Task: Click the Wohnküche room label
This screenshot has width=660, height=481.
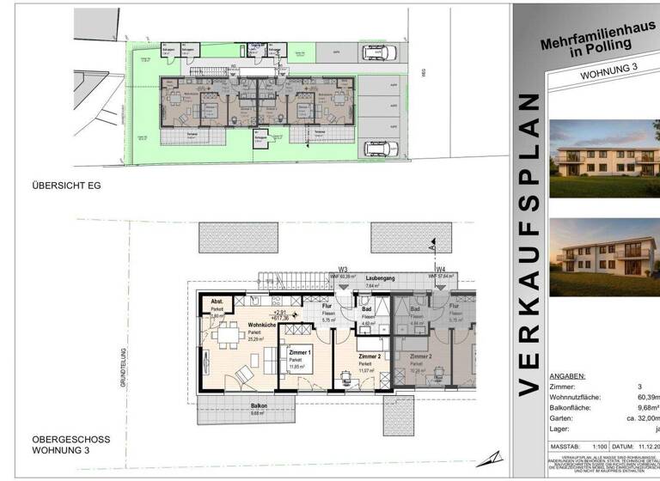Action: (x=262, y=326)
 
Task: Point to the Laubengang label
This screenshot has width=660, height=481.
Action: (x=379, y=278)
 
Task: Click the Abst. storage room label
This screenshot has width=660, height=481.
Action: (x=217, y=301)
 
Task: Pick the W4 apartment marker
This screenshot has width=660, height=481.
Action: (x=440, y=268)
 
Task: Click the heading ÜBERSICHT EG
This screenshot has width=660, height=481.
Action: (x=67, y=185)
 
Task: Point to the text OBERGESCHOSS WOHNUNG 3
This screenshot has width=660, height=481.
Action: (x=71, y=443)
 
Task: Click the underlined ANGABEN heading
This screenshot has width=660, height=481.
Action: (x=567, y=376)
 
